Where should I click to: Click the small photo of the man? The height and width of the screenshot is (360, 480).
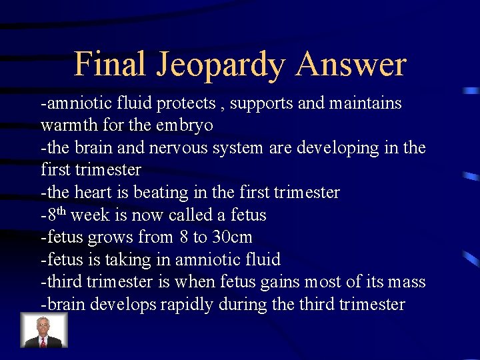(x=44, y=330)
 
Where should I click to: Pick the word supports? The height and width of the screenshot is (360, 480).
(x=261, y=104)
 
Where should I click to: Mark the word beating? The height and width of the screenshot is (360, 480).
(x=161, y=193)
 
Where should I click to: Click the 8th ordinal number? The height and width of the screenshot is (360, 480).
(x=56, y=214)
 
